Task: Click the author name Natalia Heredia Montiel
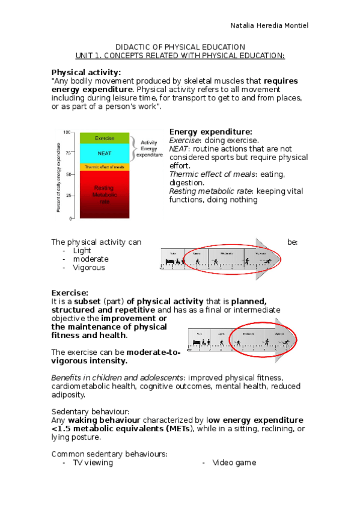pyautogui.click(x=269, y=25)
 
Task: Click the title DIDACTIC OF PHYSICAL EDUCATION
pyautogui.click(x=180, y=47)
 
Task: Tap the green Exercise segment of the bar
pyautogui.click(x=104, y=138)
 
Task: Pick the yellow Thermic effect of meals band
pyautogui.click(x=104, y=167)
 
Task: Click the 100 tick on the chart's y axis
pyautogui.click(x=67, y=132)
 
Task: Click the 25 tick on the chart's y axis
pyautogui.click(x=68, y=196)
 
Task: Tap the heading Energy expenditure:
pyautogui.click(x=210, y=132)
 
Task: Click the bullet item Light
pyautogui.click(x=82, y=250)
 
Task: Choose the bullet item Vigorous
pyautogui.click(x=88, y=268)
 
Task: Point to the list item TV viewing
pyautogui.click(x=93, y=462)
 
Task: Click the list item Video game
pyautogui.click(x=234, y=462)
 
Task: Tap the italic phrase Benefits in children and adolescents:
pyautogui.click(x=118, y=377)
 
